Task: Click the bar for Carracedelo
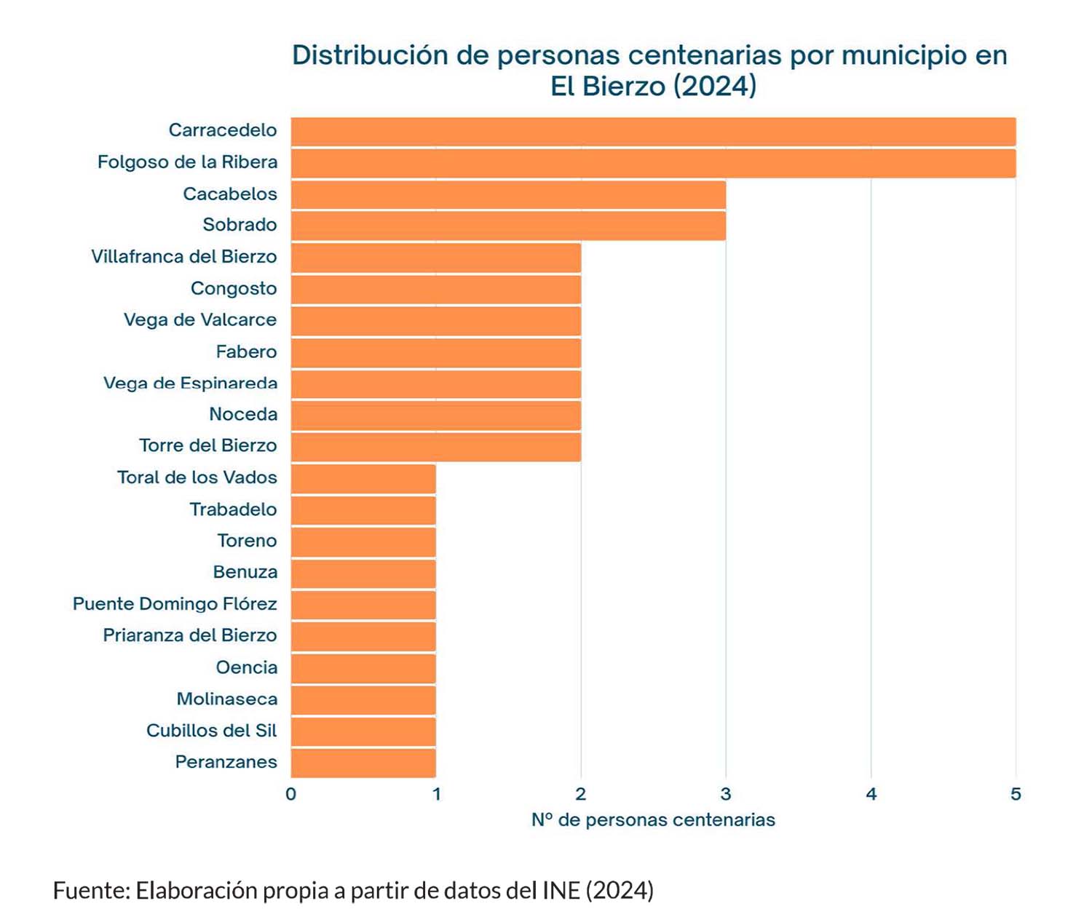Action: pos(653,132)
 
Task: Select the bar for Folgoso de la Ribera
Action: pos(653,163)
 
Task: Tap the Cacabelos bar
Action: pos(508,195)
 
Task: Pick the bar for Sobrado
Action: pos(508,226)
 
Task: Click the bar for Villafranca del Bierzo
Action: pos(436,258)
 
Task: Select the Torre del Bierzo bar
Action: pos(436,447)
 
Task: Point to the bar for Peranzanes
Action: pos(363,763)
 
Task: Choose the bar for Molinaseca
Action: pos(363,699)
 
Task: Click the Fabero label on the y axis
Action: pos(246,352)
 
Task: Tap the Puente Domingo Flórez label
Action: pos(175,604)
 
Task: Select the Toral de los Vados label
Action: pos(197,477)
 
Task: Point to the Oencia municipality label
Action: pos(246,667)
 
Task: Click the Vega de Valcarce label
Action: pos(199,320)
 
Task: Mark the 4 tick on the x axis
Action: pos(871,794)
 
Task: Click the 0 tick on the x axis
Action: pos(291,794)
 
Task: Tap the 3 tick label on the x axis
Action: pos(726,794)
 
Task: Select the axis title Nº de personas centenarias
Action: pos(653,820)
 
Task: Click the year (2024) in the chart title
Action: pos(715,87)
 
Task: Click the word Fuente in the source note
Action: pos(90,890)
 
